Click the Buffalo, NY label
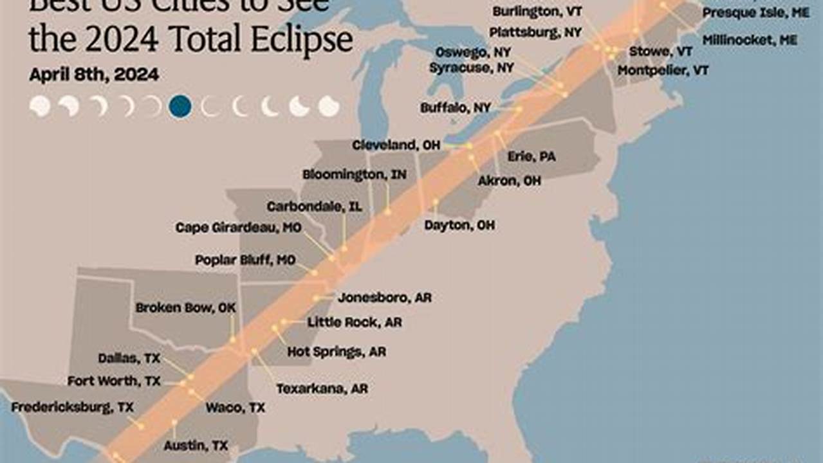click(x=455, y=108)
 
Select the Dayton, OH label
click(x=459, y=226)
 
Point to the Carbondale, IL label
click(x=314, y=206)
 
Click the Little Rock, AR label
click(x=354, y=322)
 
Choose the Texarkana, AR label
click(x=322, y=388)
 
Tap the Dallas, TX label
click(x=129, y=358)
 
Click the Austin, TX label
click(x=196, y=445)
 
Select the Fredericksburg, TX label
click(x=72, y=407)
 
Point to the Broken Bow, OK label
click(x=185, y=308)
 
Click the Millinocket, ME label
click(x=750, y=40)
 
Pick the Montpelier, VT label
click(x=663, y=71)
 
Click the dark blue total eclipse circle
click(x=180, y=106)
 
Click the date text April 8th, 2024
click(x=94, y=75)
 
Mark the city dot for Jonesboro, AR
click(x=316, y=298)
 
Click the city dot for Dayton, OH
click(x=436, y=201)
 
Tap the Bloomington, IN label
click(x=354, y=174)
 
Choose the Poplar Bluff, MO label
click(x=245, y=260)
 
